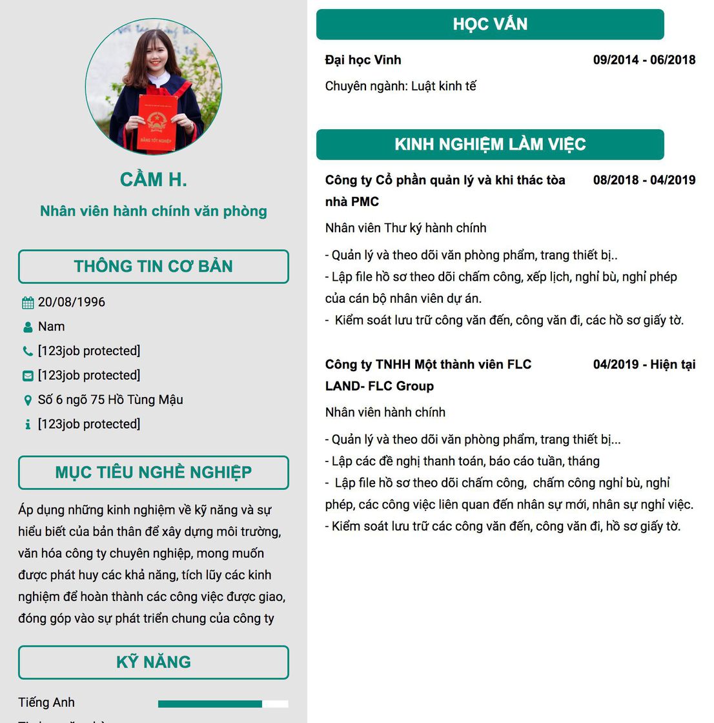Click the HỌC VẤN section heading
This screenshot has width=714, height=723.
point(490,25)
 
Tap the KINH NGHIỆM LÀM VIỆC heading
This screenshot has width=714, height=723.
point(490,145)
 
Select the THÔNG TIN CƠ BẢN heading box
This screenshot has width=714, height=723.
point(154,267)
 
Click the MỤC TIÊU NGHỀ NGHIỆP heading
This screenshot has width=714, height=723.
point(154,473)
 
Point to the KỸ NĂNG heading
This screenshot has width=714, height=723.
point(154,662)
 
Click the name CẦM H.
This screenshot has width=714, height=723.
point(154,180)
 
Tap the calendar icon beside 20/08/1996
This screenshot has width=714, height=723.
point(28,303)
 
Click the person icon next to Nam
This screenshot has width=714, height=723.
point(28,327)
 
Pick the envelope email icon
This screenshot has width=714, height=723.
point(28,376)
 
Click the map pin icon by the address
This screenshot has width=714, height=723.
point(28,400)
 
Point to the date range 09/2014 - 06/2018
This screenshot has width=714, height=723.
point(644,60)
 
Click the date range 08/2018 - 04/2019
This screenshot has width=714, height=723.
point(644,180)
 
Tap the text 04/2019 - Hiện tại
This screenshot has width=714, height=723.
point(644,365)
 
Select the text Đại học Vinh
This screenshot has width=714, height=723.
point(363,60)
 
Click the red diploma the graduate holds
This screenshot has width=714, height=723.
point(157,123)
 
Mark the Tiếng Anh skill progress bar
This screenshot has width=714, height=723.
point(223,704)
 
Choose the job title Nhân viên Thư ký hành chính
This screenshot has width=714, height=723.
point(406,228)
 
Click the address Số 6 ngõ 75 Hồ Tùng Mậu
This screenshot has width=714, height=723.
point(110,400)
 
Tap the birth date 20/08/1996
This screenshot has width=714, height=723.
point(72,302)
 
